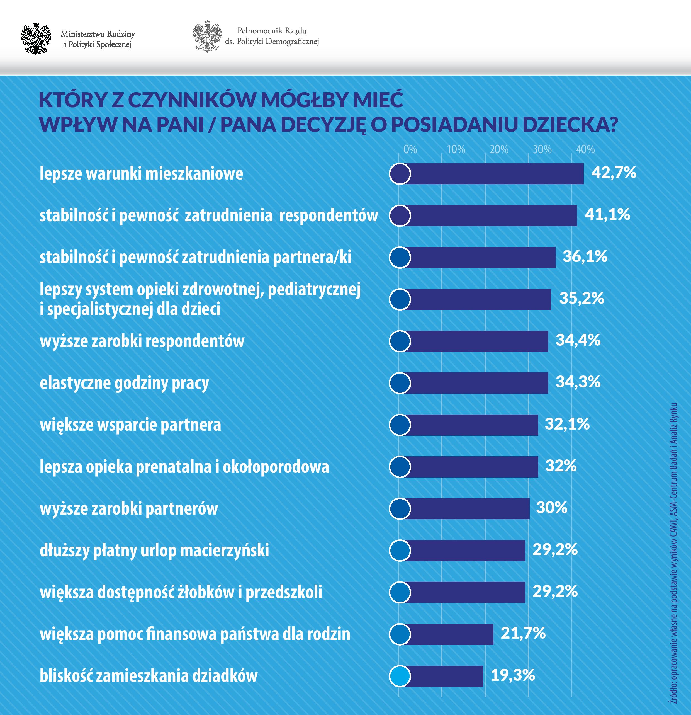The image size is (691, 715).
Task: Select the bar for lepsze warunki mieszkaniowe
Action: coord(492,174)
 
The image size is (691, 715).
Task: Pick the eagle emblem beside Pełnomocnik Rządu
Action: coord(207,37)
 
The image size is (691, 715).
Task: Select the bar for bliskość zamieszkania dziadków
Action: coord(443,676)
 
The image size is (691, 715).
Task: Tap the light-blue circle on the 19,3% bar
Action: coord(400,676)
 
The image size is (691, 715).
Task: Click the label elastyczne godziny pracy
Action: coord(124,383)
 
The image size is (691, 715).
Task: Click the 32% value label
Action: coord(561,466)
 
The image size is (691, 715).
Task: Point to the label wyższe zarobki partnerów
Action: coord(129,508)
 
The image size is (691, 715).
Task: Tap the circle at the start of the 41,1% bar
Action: coord(400,215)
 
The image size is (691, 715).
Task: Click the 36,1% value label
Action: coord(585,256)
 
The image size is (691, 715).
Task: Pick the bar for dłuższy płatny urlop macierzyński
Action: coord(463,551)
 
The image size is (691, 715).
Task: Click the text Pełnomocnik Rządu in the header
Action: coord(272,31)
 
